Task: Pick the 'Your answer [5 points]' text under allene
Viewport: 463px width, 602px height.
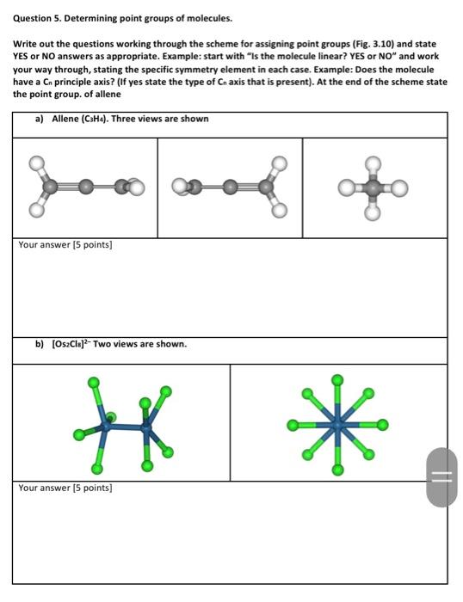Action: [x=65, y=245]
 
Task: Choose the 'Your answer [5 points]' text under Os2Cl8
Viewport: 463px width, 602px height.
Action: [x=65, y=488]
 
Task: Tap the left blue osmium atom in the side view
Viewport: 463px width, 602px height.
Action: [x=108, y=423]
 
